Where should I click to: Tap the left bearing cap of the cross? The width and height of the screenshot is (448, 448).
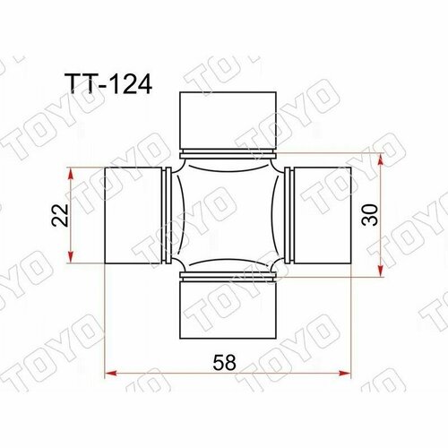coord(132,215)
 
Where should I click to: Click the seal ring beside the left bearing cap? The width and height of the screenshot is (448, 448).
coord(167,215)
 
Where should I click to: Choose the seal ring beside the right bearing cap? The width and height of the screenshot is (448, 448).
coord(286,215)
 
